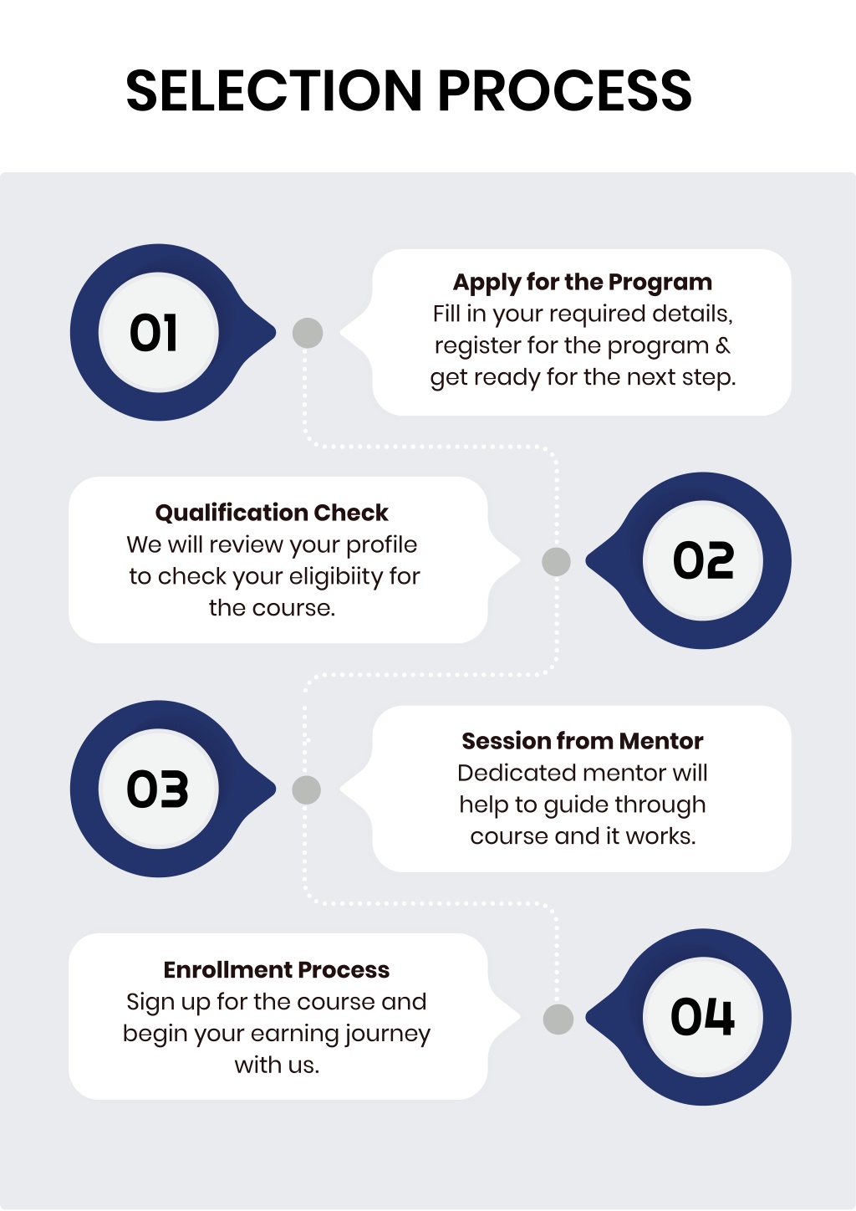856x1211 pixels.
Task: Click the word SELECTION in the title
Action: (x=273, y=90)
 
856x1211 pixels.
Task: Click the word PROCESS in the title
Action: (x=565, y=90)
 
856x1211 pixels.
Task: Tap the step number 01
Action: (x=154, y=333)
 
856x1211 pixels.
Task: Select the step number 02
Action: (x=703, y=560)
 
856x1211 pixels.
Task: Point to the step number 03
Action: (x=157, y=789)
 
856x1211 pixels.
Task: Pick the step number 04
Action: (x=702, y=1017)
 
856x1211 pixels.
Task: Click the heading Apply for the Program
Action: (x=583, y=283)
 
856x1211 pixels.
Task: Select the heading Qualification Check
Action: (x=272, y=513)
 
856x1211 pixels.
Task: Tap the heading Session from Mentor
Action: (x=583, y=741)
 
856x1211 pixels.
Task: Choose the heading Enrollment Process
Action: (x=277, y=969)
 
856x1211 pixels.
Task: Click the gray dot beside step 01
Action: (x=308, y=333)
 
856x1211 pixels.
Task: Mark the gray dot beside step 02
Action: (x=556, y=562)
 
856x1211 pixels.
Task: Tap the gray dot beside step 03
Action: (x=307, y=789)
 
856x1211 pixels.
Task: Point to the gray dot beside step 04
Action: (x=558, y=1019)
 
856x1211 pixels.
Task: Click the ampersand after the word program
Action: (x=723, y=345)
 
